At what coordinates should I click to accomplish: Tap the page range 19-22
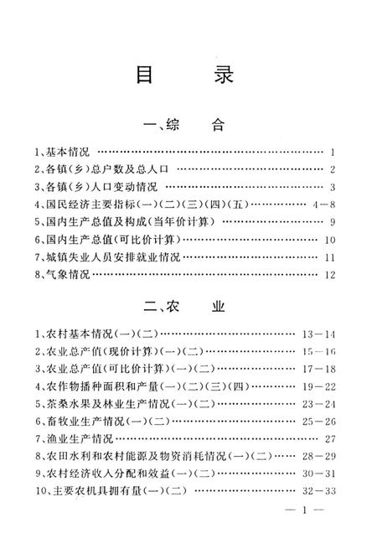318,386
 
